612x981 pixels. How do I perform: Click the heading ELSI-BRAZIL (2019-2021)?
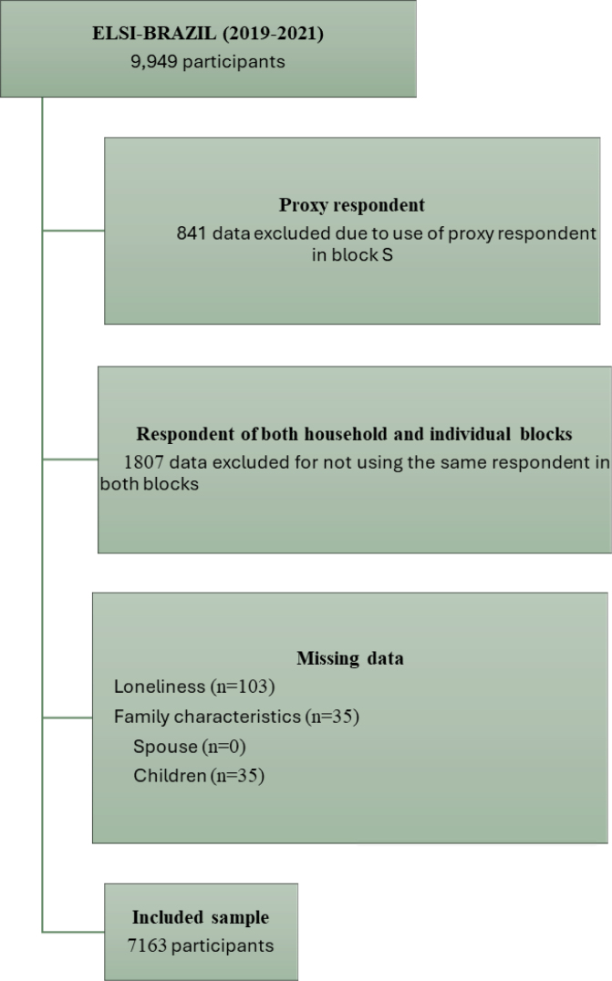208,37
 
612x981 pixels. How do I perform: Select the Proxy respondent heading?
352,206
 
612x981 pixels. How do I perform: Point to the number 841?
192,232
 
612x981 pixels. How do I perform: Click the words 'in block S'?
358,256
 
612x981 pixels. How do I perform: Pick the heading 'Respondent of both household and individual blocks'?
354,435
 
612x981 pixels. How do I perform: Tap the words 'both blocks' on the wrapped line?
150,484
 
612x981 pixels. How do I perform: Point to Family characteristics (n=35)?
236,717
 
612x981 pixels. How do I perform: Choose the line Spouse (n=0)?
190,747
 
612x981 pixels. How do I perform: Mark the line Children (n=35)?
199,777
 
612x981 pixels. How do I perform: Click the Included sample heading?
201,917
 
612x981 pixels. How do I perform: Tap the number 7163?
148,945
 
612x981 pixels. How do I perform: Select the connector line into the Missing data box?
67,718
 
